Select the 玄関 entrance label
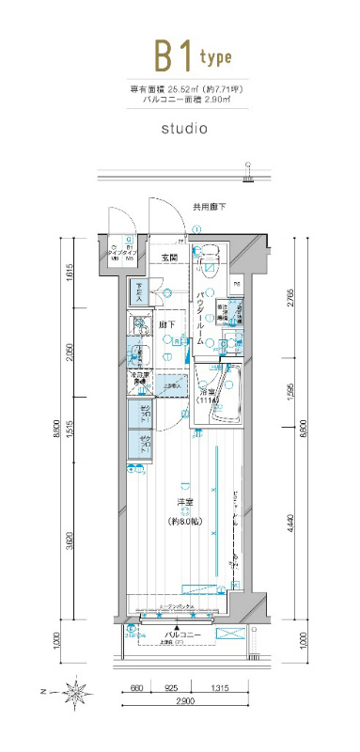click(x=170, y=257)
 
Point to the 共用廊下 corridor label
click(x=209, y=206)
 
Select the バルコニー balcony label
click(x=180, y=636)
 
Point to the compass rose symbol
click(x=73, y=695)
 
